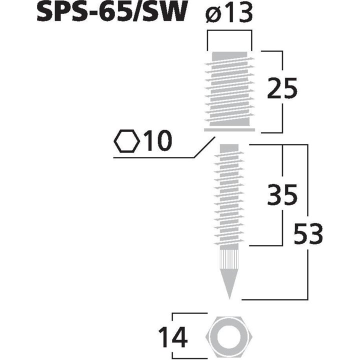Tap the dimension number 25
click(x=281, y=89)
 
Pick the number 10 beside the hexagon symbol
click(x=157, y=142)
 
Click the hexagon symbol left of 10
click(x=127, y=142)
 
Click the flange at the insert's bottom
click(x=229, y=130)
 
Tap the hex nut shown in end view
click(x=229, y=337)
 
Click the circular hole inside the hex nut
click(x=229, y=337)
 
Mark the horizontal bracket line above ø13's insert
click(x=229, y=31)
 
